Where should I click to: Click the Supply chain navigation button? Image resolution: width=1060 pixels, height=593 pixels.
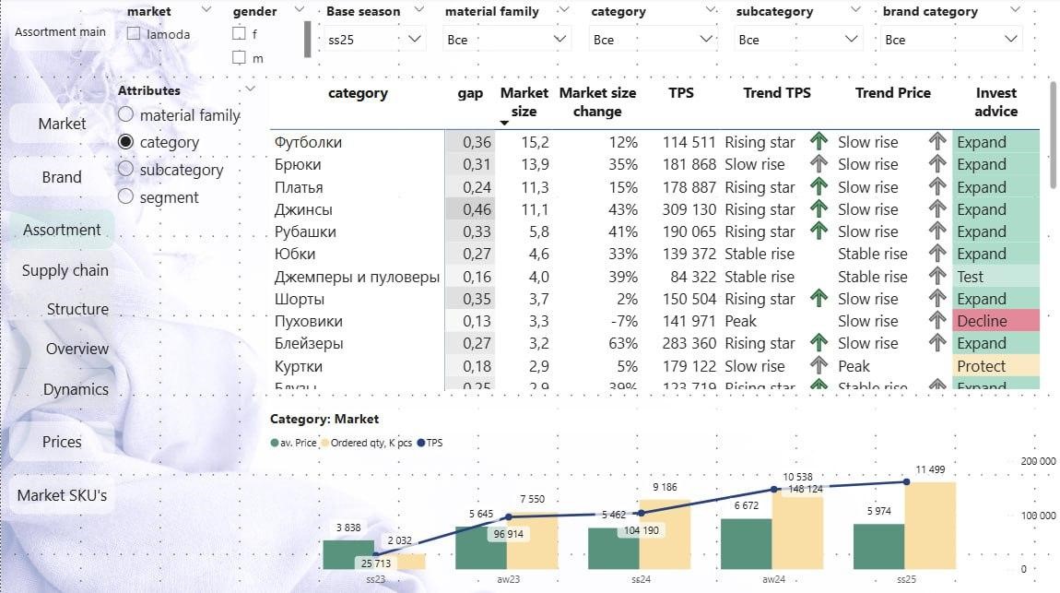pyautogui.click(x=65, y=270)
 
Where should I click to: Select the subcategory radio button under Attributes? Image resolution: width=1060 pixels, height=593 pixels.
pyautogui.click(x=126, y=170)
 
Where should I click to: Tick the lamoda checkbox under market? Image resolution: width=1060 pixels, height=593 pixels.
pyautogui.click(x=135, y=34)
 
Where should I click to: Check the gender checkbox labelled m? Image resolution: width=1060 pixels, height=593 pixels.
pyautogui.click(x=239, y=57)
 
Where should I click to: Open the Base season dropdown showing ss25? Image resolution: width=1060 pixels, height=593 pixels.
pyautogui.click(x=375, y=40)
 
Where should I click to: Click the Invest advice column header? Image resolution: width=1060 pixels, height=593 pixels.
pyautogui.click(x=995, y=102)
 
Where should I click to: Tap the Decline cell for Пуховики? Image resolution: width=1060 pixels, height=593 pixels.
pyautogui.click(x=995, y=321)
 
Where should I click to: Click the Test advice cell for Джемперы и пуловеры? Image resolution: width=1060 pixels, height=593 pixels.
pyautogui.click(x=995, y=277)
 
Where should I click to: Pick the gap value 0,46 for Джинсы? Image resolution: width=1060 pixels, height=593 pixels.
pyautogui.click(x=469, y=209)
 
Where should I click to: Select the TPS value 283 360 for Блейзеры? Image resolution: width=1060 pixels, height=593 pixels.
pyautogui.click(x=689, y=343)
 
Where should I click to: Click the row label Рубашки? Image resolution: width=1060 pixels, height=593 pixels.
pyautogui.click(x=305, y=231)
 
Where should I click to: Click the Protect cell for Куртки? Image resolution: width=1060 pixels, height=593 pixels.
pyautogui.click(x=995, y=366)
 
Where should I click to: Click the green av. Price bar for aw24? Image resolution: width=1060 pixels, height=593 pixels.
pyautogui.click(x=745, y=543)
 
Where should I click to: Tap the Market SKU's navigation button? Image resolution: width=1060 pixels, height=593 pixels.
pyautogui.click(x=62, y=495)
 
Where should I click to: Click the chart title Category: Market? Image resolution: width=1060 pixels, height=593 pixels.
pyautogui.click(x=324, y=419)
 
